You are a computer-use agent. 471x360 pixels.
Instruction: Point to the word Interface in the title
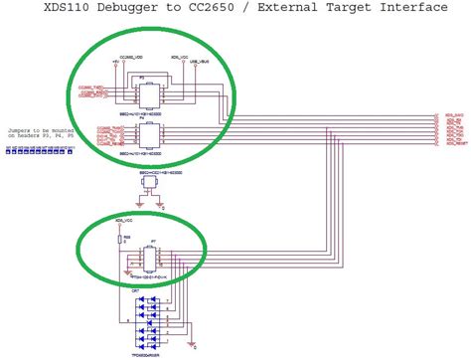pyautogui.click(x=409, y=10)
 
